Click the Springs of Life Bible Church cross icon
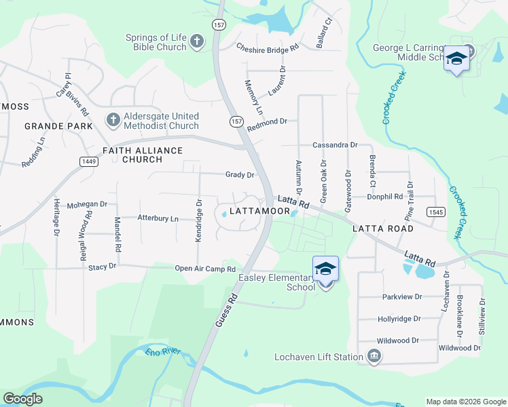point(197,42)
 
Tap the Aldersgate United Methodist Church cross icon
point(113,120)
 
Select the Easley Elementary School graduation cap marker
point(325,270)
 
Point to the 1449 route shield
point(88,161)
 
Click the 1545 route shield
point(436,212)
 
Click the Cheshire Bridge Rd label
point(268,48)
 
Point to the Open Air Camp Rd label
point(204,269)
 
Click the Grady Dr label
point(240,175)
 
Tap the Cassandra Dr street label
point(334,145)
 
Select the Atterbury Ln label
point(158,218)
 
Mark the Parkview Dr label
point(402,297)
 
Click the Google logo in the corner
point(22,399)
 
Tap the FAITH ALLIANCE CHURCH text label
point(143,155)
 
